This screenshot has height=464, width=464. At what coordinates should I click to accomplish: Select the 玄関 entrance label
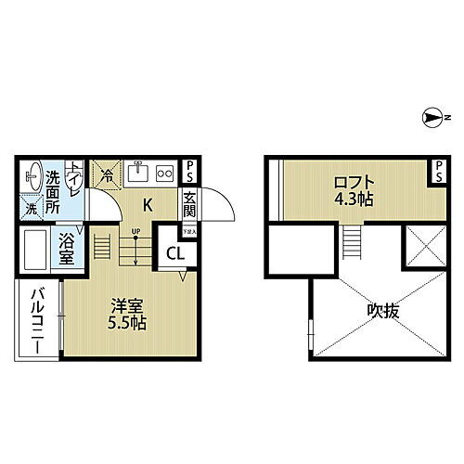click(x=188, y=203)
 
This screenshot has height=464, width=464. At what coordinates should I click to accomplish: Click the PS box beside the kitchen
click(x=188, y=171)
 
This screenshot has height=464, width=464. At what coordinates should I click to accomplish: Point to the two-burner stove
click(x=164, y=173)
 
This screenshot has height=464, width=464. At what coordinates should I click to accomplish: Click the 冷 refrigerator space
click(x=108, y=172)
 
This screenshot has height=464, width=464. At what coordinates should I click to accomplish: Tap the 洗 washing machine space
click(x=31, y=208)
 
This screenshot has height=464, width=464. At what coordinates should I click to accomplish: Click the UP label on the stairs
click(x=135, y=230)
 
